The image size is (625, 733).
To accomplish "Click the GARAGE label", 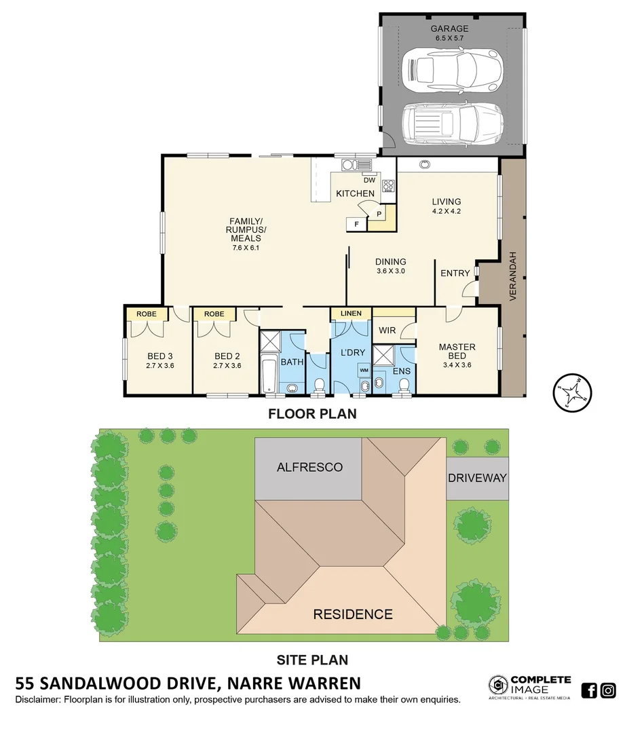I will [x=449, y=29].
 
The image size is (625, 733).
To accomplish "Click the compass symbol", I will [x=569, y=392].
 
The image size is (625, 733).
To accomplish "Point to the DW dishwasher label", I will [x=369, y=180].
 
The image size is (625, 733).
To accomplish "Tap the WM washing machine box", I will [x=364, y=370].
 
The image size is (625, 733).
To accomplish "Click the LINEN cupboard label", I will [x=351, y=314].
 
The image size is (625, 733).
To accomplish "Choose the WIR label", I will [x=387, y=331].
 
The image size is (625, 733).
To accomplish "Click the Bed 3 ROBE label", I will [x=147, y=314].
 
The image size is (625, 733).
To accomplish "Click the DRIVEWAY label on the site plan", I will [x=477, y=478].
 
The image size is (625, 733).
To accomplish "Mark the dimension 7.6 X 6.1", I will [x=245, y=248].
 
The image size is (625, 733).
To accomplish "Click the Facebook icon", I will [x=589, y=690].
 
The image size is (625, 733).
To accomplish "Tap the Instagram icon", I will [x=608, y=690].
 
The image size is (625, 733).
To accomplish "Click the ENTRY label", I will [x=455, y=273].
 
